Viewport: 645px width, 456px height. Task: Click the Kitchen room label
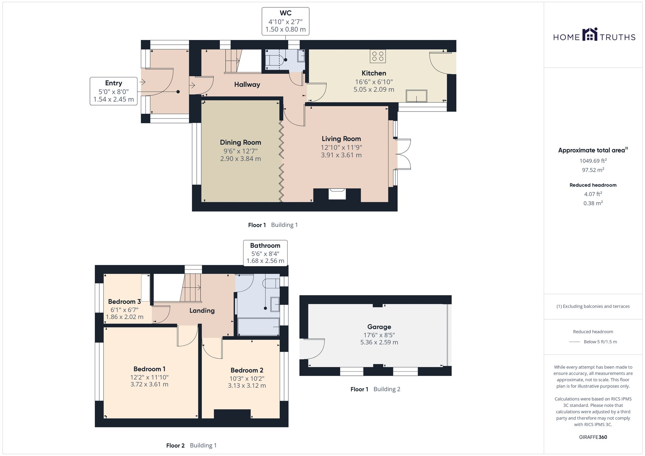click(x=373, y=73)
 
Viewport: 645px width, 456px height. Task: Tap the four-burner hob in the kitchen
click(x=378, y=56)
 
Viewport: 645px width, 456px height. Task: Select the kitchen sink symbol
click(x=416, y=96)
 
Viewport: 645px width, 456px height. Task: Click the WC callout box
click(x=285, y=21)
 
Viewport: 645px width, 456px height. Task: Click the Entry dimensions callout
click(x=114, y=91)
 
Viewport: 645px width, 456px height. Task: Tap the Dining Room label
click(x=240, y=142)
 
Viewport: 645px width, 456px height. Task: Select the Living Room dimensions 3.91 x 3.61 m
click(x=341, y=155)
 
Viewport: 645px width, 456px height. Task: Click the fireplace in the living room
click(x=337, y=194)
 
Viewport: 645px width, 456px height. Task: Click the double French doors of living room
click(x=403, y=154)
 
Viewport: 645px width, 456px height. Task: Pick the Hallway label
click(x=247, y=84)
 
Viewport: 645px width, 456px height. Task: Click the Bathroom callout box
click(x=265, y=253)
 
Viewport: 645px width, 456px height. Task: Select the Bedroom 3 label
click(x=124, y=302)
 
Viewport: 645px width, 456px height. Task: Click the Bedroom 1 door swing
click(x=187, y=337)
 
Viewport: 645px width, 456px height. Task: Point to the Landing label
click(x=202, y=311)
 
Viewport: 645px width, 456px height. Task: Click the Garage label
click(x=379, y=327)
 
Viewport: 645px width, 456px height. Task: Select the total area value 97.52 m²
click(x=593, y=170)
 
